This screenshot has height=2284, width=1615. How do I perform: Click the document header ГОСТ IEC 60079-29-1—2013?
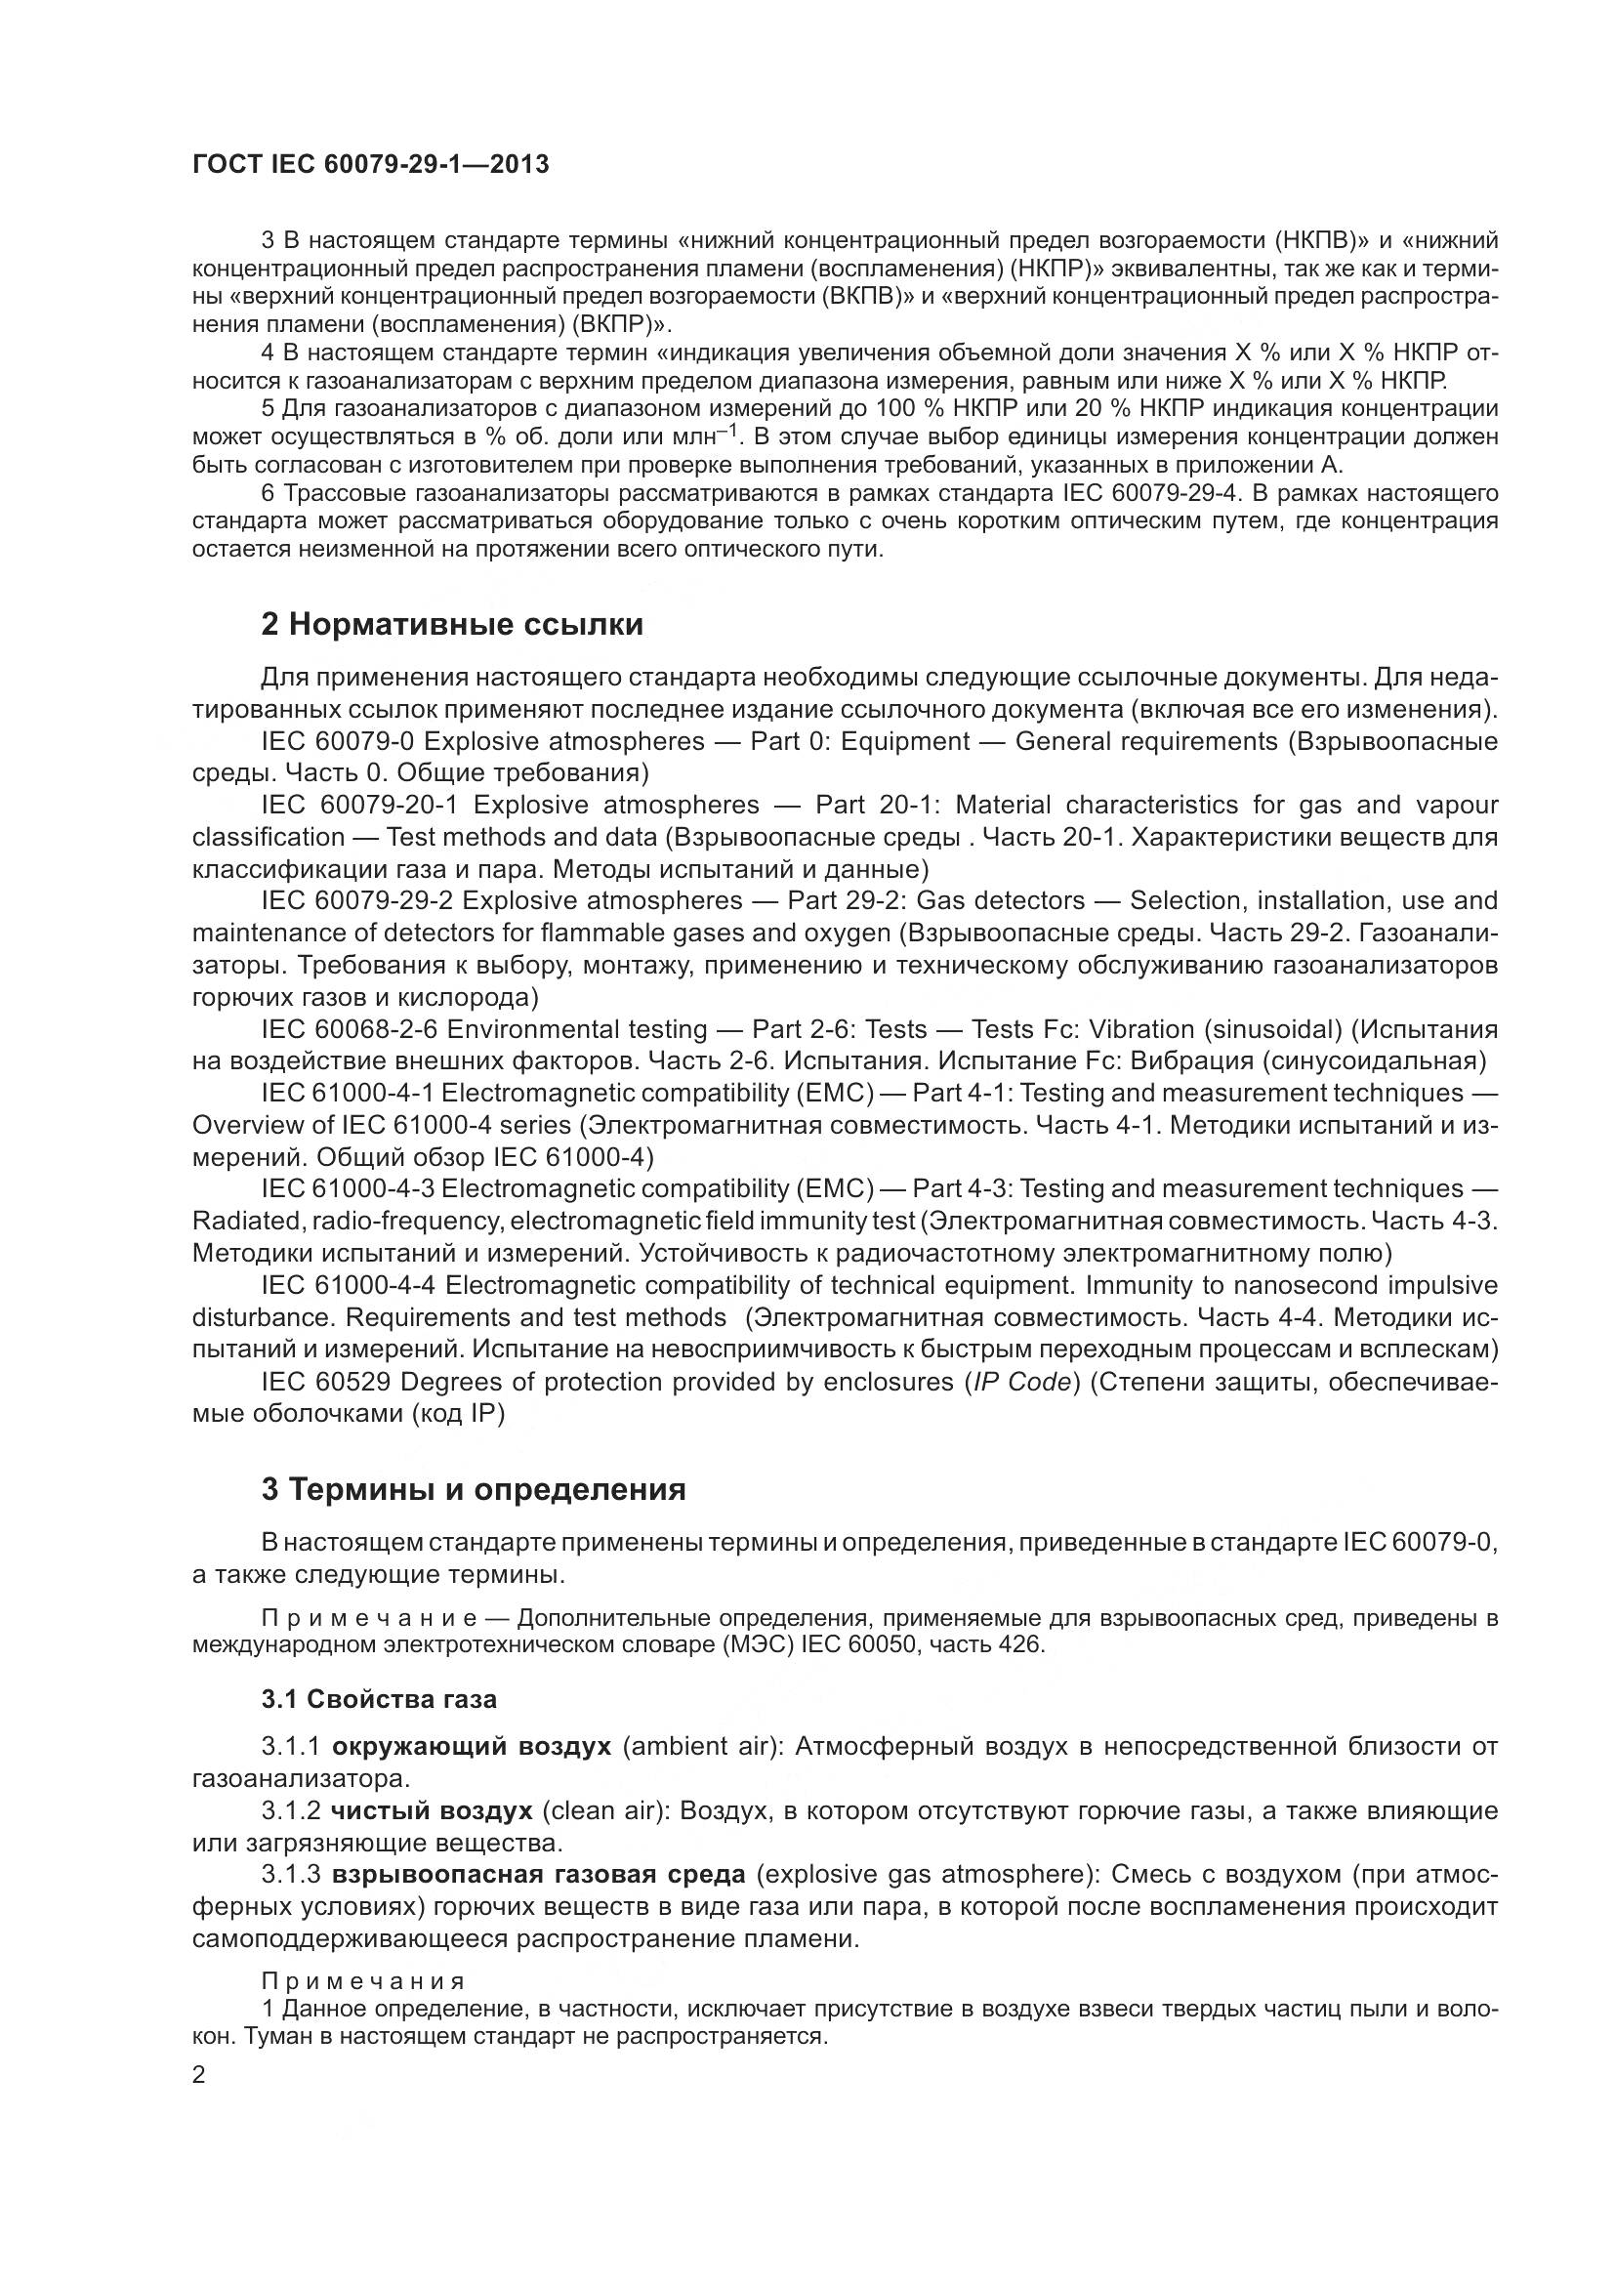click(370, 165)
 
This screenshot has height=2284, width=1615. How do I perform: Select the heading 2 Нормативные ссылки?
click(451, 625)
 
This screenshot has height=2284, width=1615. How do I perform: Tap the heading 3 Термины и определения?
click(474, 1489)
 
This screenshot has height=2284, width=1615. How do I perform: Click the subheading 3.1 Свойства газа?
click(379, 1699)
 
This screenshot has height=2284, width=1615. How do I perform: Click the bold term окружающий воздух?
click(472, 1747)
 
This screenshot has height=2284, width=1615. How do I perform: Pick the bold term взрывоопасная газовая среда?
click(538, 1874)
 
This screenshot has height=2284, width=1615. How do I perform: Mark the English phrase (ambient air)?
click(702, 1747)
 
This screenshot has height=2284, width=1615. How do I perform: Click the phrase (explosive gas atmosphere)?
click(927, 1874)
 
